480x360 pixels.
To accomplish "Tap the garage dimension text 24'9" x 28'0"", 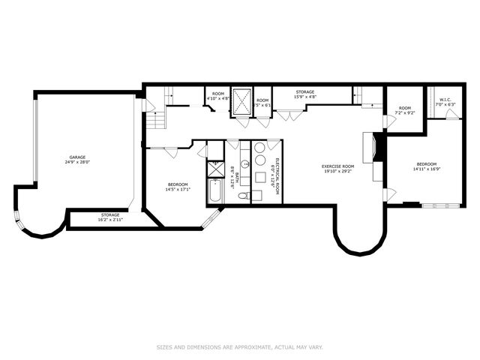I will pos(73,163).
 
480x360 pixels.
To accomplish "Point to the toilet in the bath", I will pos(244,196).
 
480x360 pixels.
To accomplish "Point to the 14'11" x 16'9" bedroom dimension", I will pos(426,169).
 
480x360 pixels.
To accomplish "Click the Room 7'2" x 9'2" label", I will pos(405,110).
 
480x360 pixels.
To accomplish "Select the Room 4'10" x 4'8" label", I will pos(218,95).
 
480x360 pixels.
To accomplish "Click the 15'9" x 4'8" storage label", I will pos(304,94).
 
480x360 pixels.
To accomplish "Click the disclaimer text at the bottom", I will pos(239,346).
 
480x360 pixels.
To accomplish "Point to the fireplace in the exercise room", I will pos(373,147).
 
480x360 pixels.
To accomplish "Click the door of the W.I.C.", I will pos(451,114).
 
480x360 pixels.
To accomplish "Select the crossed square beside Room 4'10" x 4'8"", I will pos(241,100).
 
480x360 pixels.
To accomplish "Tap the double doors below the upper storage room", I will pos(289,115).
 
